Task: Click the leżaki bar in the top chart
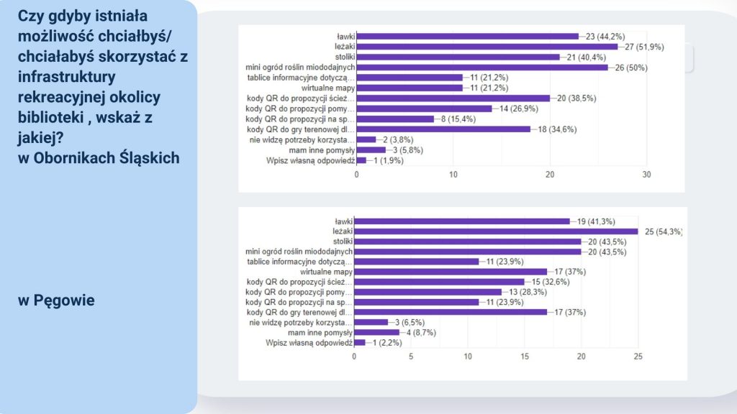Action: (x=487, y=47)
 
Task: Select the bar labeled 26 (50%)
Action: (x=482, y=67)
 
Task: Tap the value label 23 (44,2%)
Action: (x=605, y=36)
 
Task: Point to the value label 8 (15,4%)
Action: (x=458, y=119)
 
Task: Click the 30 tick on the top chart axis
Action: (x=647, y=175)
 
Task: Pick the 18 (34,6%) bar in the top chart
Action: (x=443, y=129)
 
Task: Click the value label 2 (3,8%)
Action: (x=398, y=139)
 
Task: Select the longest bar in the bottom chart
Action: (x=496, y=231)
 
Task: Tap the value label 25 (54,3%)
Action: (x=663, y=231)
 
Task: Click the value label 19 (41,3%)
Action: (x=596, y=221)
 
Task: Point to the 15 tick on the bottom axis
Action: (x=525, y=356)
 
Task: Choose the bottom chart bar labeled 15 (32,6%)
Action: (x=440, y=282)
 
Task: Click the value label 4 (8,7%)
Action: (x=421, y=332)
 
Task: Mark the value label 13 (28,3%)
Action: (x=528, y=292)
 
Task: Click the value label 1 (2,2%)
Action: (x=387, y=343)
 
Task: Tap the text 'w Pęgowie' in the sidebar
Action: (x=56, y=300)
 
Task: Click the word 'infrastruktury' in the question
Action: (x=67, y=76)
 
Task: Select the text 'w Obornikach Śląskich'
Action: (x=99, y=157)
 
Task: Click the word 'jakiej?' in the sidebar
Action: (x=41, y=138)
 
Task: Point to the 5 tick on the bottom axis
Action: (x=411, y=356)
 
